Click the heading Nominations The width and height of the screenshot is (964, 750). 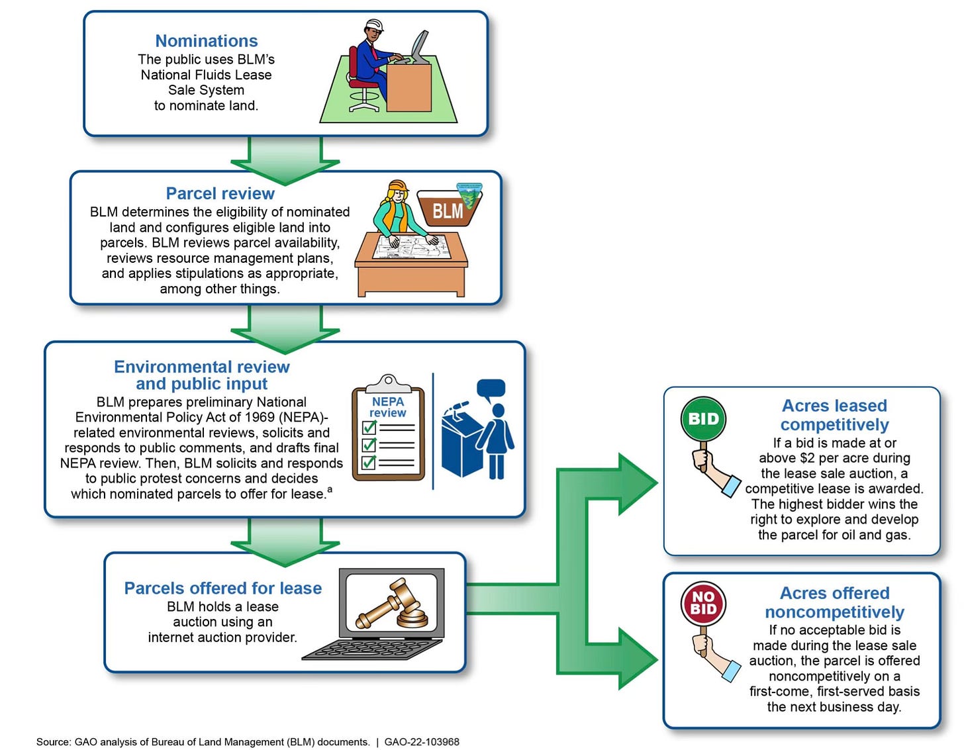pyautogui.click(x=206, y=41)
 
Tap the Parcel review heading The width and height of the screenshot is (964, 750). pyautogui.click(x=220, y=193)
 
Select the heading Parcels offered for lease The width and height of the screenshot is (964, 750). pyautogui.click(x=223, y=588)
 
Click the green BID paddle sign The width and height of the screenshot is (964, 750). pyautogui.click(x=703, y=419)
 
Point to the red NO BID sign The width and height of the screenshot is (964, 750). pyautogui.click(x=703, y=603)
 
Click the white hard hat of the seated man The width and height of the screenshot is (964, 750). pyautogui.click(x=374, y=25)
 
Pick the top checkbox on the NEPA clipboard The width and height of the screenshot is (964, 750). pyautogui.click(x=369, y=428)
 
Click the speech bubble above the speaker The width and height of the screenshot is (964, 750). pyautogui.click(x=491, y=389)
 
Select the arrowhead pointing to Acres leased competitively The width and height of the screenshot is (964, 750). pyautogui.click(x=636, y=483)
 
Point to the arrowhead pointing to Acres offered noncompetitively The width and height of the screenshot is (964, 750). pyautogui.click(x=636, y=659)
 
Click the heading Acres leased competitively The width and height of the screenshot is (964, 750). pyautogui.click(x=834, y=415)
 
